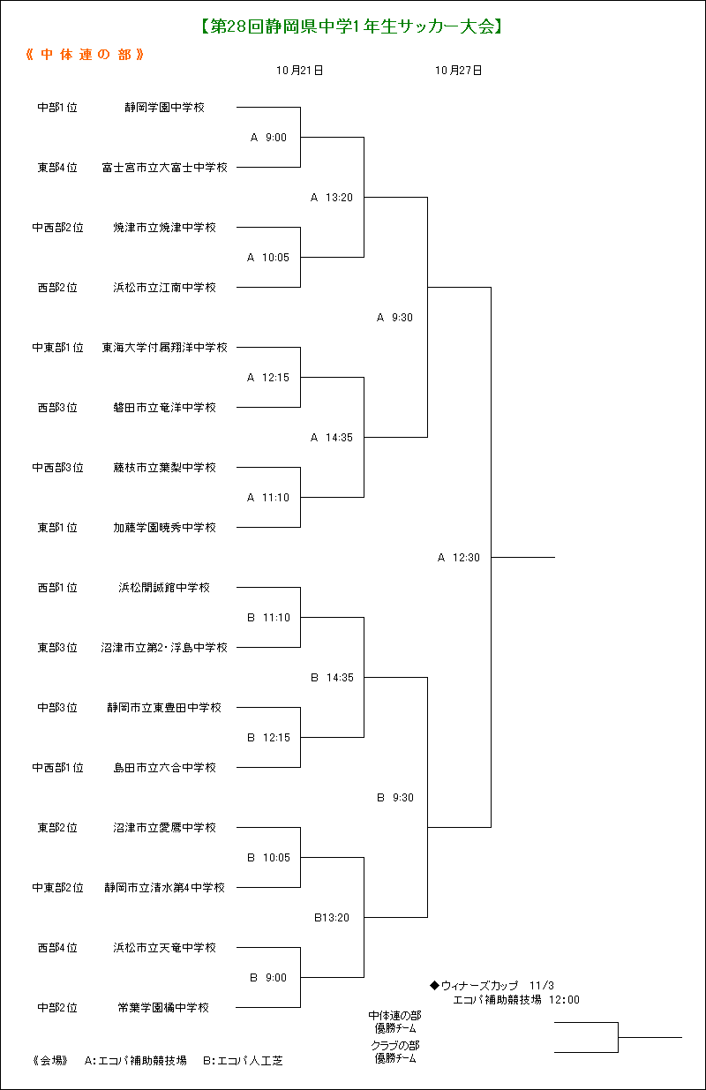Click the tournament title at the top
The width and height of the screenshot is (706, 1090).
351,26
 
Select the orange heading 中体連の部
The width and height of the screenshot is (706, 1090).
85,55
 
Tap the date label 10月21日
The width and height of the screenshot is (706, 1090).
300,71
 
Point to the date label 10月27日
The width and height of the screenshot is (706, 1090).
458,71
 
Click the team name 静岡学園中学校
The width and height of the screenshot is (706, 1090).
164,108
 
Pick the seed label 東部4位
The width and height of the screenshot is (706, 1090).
57,168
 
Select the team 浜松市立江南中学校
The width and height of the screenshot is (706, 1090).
164,288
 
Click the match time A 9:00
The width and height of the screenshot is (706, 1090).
268,138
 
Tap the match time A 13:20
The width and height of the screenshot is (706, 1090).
332,198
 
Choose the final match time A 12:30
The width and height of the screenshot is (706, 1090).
458,558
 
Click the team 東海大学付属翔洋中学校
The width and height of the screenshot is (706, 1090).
164,348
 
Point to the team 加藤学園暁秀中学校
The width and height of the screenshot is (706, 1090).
164,528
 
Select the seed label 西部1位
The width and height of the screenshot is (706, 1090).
57,588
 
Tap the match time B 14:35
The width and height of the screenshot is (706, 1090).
333,678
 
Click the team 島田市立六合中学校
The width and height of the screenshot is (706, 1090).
164,768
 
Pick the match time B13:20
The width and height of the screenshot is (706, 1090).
332,918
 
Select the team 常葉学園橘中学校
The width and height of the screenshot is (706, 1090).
163,1008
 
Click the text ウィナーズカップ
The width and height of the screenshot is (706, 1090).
480,986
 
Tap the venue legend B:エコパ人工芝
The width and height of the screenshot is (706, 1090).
243,1061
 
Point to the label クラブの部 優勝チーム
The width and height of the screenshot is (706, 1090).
395,1052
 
